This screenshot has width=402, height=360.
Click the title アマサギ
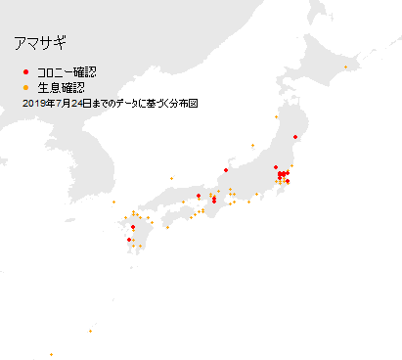click(x=40, y=44)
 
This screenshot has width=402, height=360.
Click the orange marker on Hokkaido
click(x=356, y=67)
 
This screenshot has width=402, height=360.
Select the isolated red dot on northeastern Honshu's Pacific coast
click(x=294, y=138)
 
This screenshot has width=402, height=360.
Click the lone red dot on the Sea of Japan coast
click(x=226, y=168)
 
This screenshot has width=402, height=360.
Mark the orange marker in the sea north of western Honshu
click(x=171, y=178)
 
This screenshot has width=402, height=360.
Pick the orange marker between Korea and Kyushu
click(x=113, y=202)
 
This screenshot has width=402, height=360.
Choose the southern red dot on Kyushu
click(x=129, y=240)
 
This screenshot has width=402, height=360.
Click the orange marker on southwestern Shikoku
click(x=168, y=227)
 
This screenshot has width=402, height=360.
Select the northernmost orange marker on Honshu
click(x=276, y=117)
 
